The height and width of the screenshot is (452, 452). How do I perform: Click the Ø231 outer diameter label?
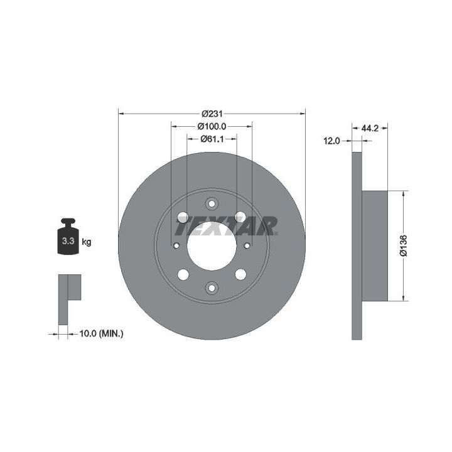click(x=212, y=114)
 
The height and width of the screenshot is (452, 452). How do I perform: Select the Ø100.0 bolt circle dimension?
click(x=212, y=126)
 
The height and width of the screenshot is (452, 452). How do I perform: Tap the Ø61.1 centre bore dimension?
click(x=212, y=139)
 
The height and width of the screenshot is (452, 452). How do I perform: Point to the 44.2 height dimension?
click(x=370, y=128)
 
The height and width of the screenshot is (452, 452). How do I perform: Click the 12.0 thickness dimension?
click(x=332, y=141)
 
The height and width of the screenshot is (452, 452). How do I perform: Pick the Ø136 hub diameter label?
click(x=403, y=245)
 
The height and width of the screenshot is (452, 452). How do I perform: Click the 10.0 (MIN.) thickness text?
click(x=102, y=334)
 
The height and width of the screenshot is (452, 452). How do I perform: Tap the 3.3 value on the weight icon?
click(x=68, y=240)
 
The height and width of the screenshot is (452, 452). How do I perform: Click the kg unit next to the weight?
click(x=87, y=242)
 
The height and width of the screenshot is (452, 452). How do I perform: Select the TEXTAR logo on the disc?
click(x=227, y=226)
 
